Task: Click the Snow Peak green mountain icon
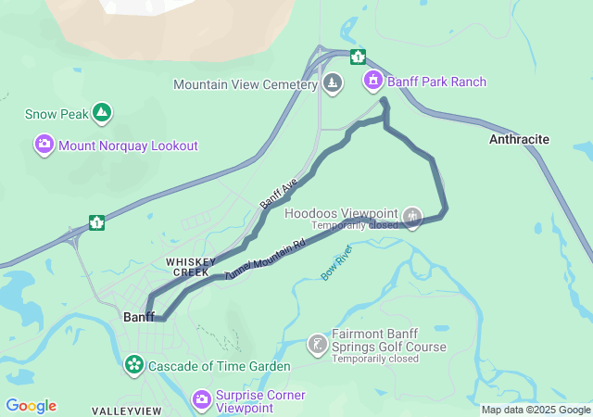(102, 114)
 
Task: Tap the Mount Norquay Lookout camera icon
(44, 145)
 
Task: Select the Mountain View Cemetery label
(246, 84)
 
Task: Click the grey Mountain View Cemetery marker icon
(333, 84)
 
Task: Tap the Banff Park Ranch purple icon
(373, 81)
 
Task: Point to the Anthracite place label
(519, 139)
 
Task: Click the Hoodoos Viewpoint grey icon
(412, 218)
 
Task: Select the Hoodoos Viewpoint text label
(341, 212)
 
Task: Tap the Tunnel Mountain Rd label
(265, 260)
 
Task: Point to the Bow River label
(336, 262)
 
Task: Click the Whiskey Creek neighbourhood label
(191, 267)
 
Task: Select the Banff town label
(139, 317)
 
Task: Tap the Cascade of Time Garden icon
(134, 365)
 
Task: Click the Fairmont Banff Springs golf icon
(317, 345)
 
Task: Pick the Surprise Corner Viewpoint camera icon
(201, 400)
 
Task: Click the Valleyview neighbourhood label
(126, 411)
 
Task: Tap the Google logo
(31, 406)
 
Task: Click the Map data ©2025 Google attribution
(536, 411)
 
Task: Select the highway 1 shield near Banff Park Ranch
(358, 57)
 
